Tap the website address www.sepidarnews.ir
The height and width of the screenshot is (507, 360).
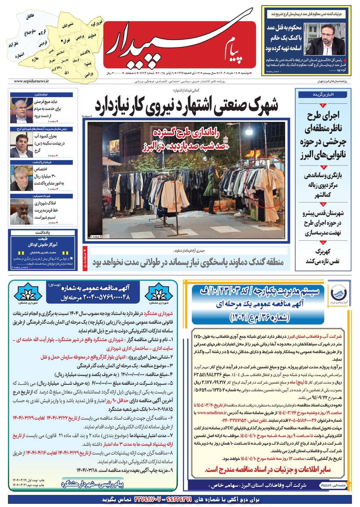32,82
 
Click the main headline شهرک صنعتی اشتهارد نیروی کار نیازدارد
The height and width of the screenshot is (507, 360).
186,104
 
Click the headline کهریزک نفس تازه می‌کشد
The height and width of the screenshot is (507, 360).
323,256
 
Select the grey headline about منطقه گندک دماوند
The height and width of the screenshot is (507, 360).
188,262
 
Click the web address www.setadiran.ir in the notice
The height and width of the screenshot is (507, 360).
212,413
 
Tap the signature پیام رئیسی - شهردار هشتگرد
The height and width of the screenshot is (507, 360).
93,484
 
